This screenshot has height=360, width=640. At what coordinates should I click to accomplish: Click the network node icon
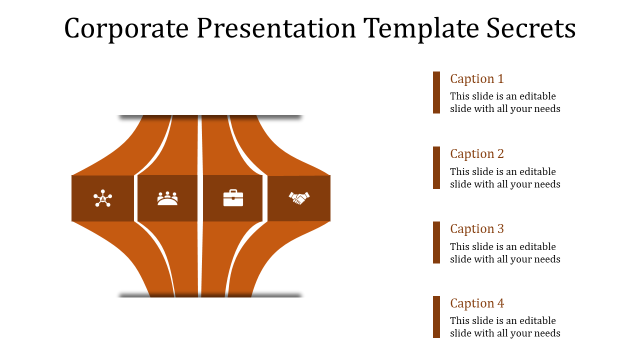(x=102, y=198)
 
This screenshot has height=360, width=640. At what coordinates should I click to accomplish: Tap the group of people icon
(x=167, y=198)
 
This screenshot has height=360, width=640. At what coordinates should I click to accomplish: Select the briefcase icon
(x=233, y=198)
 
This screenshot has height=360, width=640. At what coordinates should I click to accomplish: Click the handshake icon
(x=299, y=198)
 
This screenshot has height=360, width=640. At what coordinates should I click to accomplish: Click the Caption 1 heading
(x=476, y=79)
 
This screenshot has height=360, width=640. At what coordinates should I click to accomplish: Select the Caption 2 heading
(x=476, y=154)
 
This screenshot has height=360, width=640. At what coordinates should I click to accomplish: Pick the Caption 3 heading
(x=476, y=229)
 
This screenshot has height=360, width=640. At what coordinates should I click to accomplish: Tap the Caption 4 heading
(x=476, y=303)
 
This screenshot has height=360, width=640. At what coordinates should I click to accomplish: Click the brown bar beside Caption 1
(x=436, y=92)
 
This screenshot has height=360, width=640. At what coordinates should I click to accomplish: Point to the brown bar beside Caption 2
(x=436, y=167)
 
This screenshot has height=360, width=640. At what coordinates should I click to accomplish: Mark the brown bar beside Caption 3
(x=436, y=242)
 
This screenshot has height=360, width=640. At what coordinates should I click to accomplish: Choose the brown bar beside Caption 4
(x=436, y=317)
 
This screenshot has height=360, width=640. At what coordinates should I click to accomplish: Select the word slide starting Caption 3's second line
(x=460, y=259)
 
